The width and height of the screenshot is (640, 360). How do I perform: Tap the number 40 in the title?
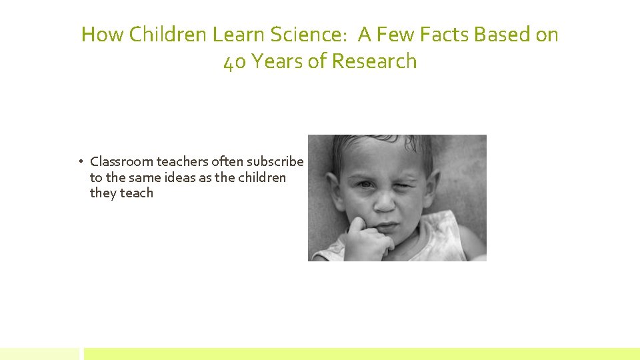tap(235, 61)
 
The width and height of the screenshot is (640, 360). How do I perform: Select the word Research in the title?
tap(374, 61)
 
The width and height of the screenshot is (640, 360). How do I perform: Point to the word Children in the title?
tap(170, 34)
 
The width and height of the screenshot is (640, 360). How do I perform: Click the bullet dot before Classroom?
tap(79, 161)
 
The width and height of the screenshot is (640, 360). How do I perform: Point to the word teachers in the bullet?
tap(181, 161)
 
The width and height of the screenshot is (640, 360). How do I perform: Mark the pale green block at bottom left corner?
tap(39, 353)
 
